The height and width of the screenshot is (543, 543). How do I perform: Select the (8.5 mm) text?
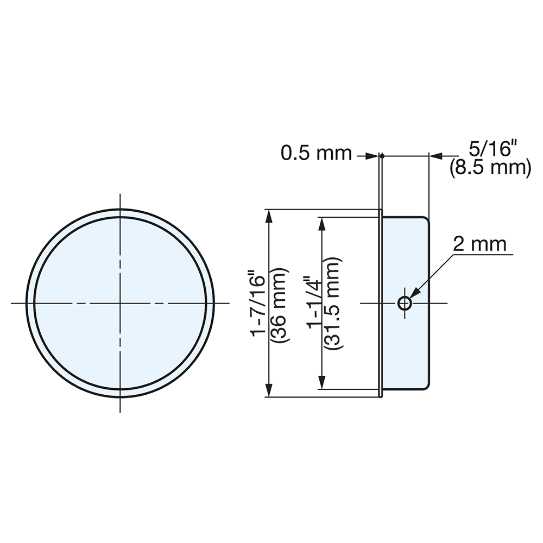[x=490, y=168]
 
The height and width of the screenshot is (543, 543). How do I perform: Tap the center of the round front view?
[x=120, y=303]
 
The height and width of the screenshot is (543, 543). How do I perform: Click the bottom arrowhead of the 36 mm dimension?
[x=268, y=390]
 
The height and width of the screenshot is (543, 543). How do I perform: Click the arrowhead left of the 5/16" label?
[x=436, y=156]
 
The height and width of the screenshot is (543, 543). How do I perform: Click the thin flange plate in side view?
[x=381, y=303]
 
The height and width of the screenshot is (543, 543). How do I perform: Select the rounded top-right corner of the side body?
[x=426, y=220]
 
